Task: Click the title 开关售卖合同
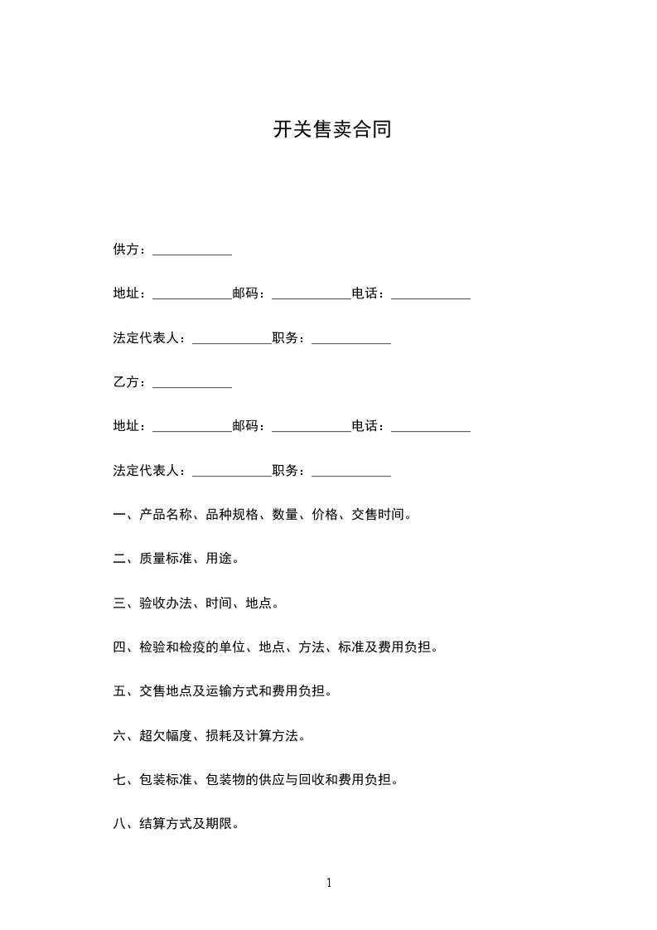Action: [331, 130]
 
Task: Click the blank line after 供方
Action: [192, 252]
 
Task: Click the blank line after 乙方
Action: [192, 385]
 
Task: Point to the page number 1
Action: [329, 883]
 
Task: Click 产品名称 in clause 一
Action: [166, 515]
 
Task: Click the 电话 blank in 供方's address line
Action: [431, 296]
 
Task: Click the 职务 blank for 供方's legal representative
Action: [351, 341]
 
